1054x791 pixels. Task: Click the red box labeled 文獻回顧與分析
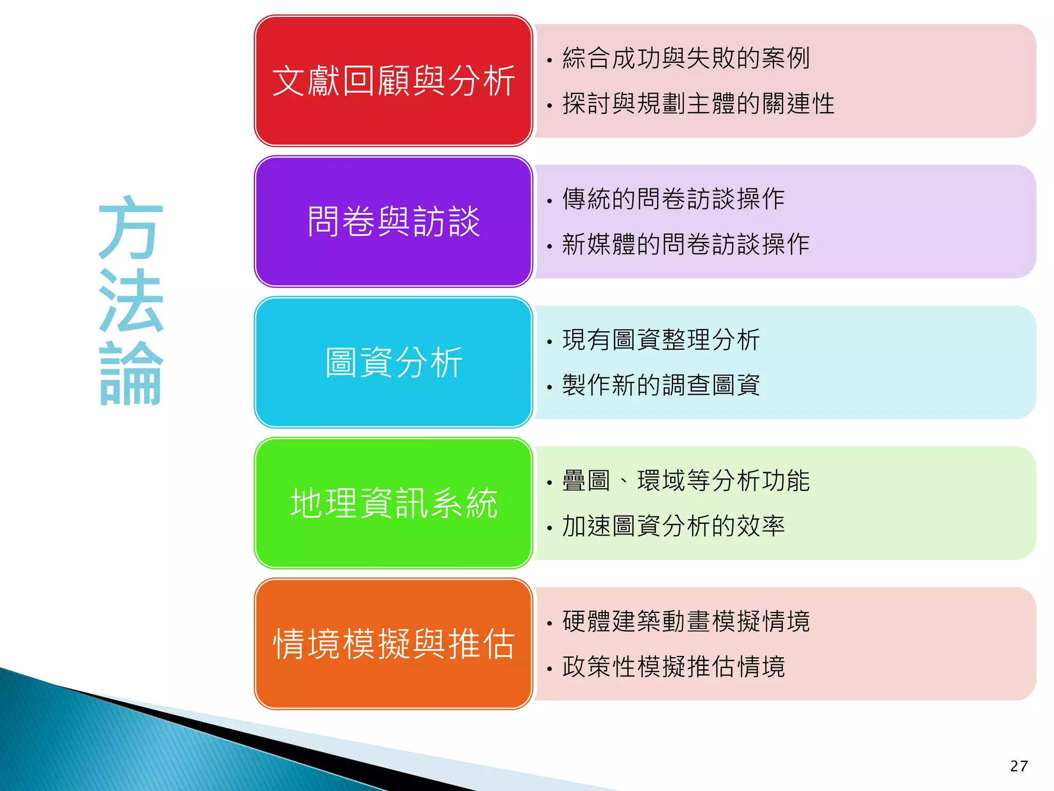393,81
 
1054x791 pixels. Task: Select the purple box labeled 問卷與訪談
393,221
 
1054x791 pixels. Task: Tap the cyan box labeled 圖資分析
393,362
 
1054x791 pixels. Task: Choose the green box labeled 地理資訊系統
393,503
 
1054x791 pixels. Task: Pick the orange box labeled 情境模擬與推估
393,644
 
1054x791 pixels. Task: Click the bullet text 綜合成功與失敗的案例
686,58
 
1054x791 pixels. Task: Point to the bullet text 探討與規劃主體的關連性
698,104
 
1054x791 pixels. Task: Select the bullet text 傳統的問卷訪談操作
673,199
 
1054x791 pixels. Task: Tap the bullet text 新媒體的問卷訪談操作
686,244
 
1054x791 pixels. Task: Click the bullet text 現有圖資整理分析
661,340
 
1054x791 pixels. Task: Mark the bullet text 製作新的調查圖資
661,385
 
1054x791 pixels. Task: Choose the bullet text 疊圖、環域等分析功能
686,480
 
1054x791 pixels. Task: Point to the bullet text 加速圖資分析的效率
673,526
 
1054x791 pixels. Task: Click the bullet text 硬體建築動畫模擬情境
686,621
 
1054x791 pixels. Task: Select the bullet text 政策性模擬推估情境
673,666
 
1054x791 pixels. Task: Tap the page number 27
1018,766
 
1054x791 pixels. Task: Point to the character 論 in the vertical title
131,373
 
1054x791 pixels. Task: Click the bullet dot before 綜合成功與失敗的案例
550,61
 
